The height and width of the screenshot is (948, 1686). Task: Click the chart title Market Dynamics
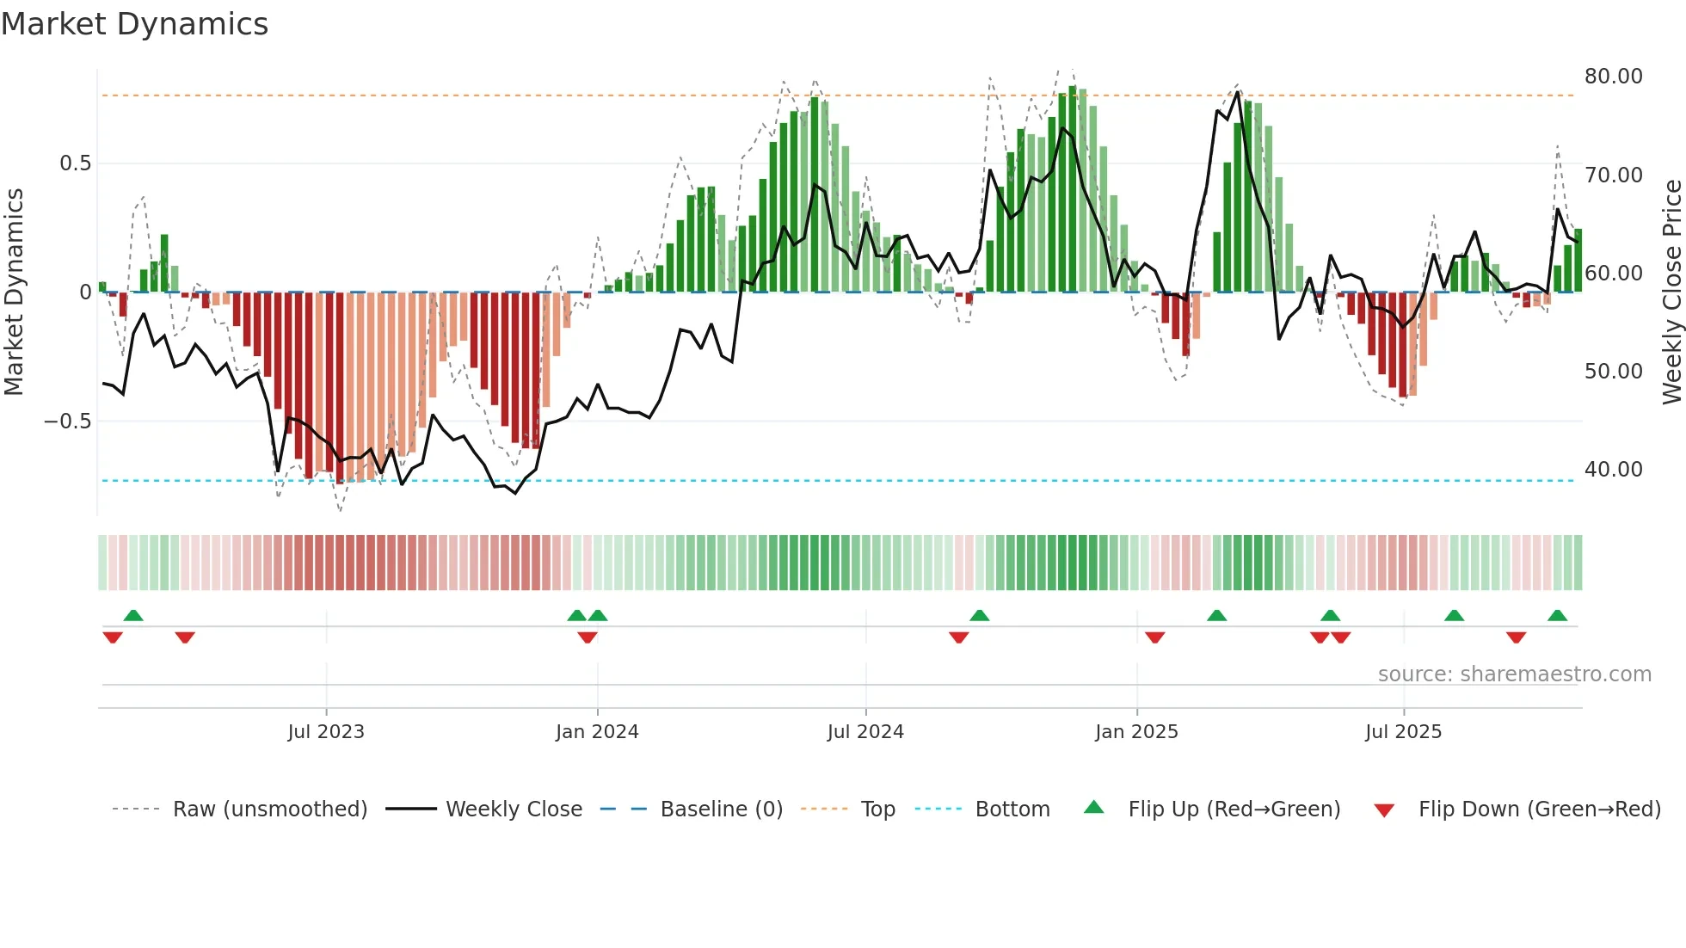[x=135, y=24]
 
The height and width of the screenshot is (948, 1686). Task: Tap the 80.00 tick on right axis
[x=1613, y=77]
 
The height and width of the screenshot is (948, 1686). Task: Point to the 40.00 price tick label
[x=1613, y=470]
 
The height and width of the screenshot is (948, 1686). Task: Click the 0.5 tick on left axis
[x=75, y=163]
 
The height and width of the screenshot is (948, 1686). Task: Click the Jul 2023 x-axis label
[x=326, y=732]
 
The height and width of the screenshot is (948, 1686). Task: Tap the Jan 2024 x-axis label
[x=597, y=732]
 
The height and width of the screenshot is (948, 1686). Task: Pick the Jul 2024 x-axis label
[x=865, y=732]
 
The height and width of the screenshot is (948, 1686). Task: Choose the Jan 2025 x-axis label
[x=1136, y=732]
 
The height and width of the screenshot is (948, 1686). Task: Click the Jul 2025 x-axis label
[x=1403, y=732]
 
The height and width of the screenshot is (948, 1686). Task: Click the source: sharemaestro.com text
[x=1514, y=674]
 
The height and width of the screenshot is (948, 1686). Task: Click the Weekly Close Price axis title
[x=1671, y=292]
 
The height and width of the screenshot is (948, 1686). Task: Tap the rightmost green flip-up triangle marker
[x=1557, y=616]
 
